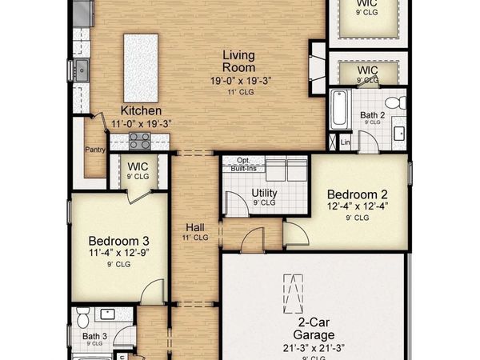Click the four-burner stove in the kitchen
click(x=139, y=142)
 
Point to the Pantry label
click(x=96, y=149)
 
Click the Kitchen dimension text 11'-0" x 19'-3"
click(x=141, y=123)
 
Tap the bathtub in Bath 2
click(x=338, y=109)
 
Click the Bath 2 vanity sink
click(x=398, y=132)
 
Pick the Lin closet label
click(x=346, y=142)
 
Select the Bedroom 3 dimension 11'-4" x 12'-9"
click(x=118, y=254)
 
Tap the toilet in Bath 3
click(x=82, y=321)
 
